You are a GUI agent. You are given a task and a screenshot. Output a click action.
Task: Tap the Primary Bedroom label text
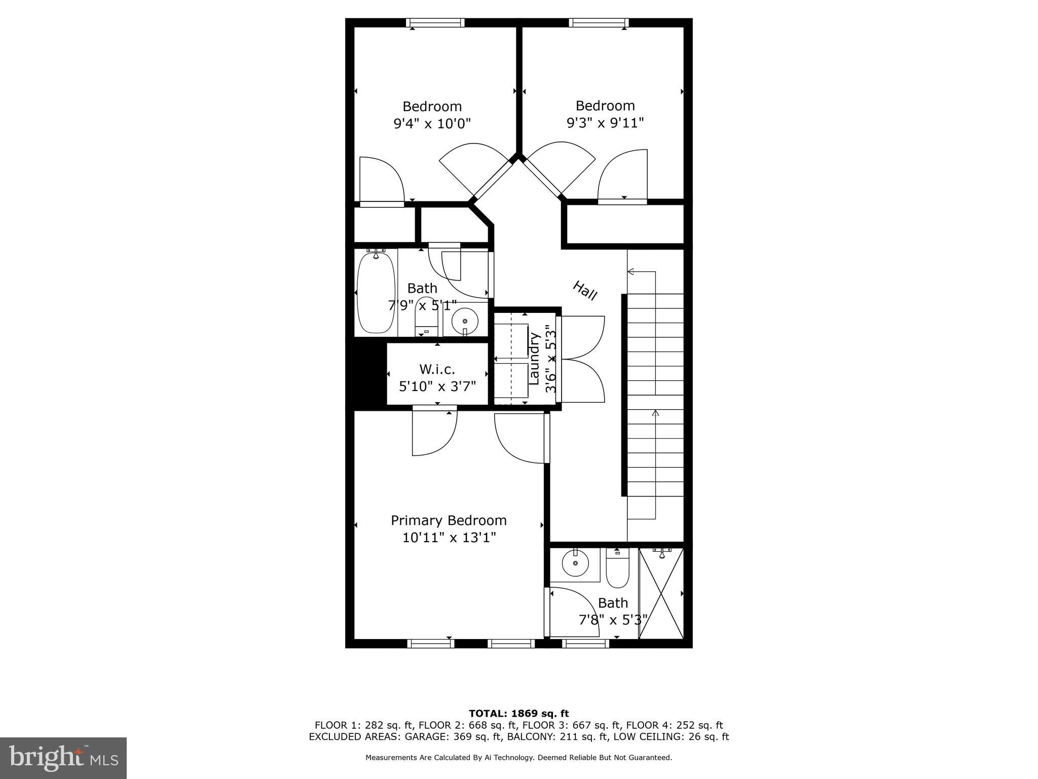(x=449, y=520)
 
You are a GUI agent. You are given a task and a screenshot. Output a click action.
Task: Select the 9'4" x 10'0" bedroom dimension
(x=432, y=123)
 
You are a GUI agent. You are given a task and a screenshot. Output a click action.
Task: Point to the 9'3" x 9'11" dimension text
(x=605, y=123)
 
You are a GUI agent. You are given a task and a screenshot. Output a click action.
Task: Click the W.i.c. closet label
(x=437, y=369)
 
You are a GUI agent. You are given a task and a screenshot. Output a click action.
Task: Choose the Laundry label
(x=534, y=358)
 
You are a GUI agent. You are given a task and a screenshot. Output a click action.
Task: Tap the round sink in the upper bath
(x=465, y=322)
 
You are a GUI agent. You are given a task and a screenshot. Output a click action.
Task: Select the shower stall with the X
(x=661, y=593)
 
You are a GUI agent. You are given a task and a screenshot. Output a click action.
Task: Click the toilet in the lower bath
(x=617, y=569)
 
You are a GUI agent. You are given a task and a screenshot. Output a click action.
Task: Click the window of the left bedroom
(x=435, y=23)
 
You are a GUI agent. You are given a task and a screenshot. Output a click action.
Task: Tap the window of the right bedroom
(x=599, y=23)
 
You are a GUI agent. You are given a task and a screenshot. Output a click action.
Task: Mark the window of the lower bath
(x=585, y=644)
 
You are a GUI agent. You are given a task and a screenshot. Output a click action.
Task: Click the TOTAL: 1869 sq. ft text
(x=518, y=714)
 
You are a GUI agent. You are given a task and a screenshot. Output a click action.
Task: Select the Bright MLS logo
(x=63, y=757)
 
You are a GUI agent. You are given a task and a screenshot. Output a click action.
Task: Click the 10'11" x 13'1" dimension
(x=449, y=537)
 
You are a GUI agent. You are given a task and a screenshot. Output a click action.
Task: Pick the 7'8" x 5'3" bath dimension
(x=613, y=620)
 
